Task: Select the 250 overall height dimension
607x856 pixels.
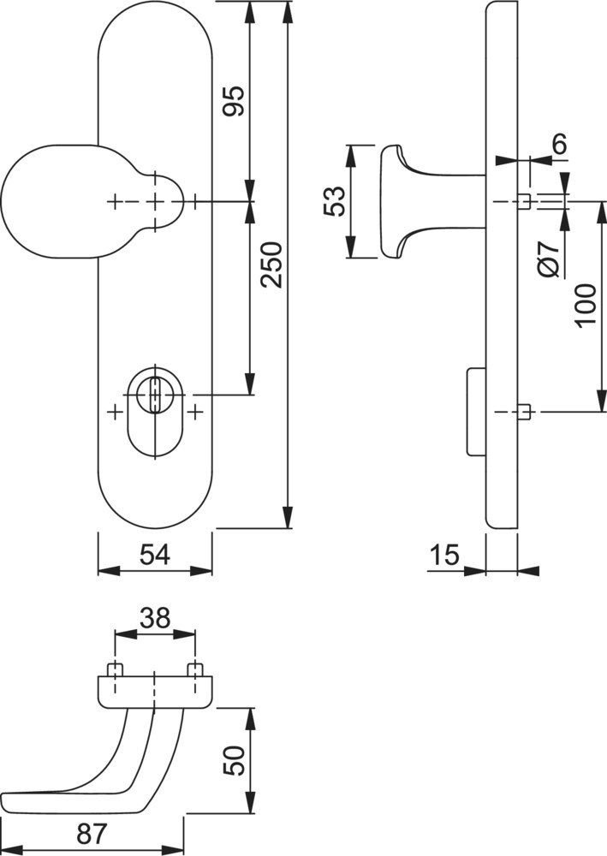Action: [x=272, y=265]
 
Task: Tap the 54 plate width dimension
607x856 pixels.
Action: [x=155, y=556]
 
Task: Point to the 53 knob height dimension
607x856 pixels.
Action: [x=335, y=201]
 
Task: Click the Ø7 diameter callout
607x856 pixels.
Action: [x=551, y=257]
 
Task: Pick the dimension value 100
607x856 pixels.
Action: [x=585, y=306]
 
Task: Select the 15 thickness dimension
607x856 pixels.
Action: [x=444, y=556]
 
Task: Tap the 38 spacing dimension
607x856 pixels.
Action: [x=155, y=618]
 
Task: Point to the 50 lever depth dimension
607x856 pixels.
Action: [x=235, y=758]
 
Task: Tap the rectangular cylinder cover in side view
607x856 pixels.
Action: [x=474, y=412]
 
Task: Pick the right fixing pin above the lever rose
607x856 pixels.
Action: [x=196, y=669]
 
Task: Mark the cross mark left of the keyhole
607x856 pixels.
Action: [x=115, y=412]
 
